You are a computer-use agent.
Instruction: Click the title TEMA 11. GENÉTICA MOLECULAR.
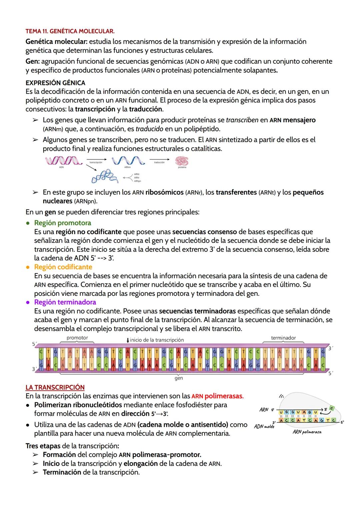[x=70, y=32]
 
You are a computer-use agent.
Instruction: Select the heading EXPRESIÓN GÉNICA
[x=55, y=83]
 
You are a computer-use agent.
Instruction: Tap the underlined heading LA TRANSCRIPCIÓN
[x=55, y=387]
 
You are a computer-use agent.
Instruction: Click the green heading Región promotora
[x=62, y=223]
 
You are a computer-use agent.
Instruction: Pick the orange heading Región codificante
[x=63, y=267]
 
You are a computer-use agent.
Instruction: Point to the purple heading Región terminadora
[x=65, y=302]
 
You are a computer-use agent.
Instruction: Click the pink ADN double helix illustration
[x=63, y=161]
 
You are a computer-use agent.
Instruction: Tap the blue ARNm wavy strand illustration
[x=128, y=161]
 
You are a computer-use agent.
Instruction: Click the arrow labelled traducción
[x=159, y=160]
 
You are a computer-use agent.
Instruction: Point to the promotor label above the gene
[x=77, y=338]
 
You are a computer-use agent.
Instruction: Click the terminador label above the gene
[x=283, y=338]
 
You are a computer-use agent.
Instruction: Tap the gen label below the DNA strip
[x=179, y=379]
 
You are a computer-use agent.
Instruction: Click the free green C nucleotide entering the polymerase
[x=332, y=408]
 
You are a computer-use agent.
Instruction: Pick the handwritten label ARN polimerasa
[x=307, y=432]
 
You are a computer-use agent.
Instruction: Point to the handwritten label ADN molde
[x=264, y=426]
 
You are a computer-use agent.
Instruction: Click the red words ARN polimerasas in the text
[x=217, y=396]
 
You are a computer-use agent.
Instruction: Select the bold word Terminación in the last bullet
[x=62, y=472]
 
